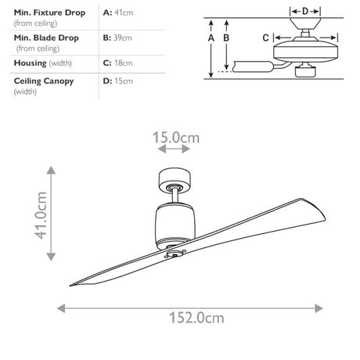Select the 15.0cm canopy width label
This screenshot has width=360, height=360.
point(175,138)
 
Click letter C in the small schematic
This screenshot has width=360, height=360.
point(265,38)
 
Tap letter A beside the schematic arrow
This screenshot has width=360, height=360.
point(211,38)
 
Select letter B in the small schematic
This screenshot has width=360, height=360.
point(225,38)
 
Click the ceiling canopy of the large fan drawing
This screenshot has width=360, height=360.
point(175,178)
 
